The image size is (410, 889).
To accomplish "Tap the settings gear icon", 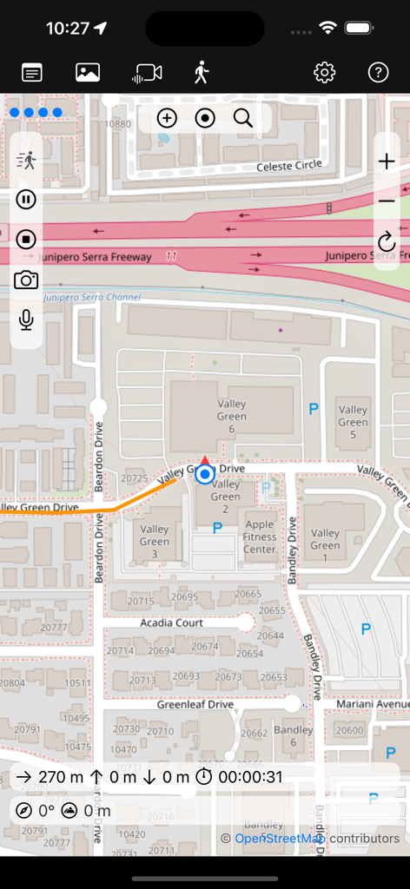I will click(324, 73).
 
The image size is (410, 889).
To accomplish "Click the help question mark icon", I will click(378, 73).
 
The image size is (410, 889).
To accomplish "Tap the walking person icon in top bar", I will click(202, 73).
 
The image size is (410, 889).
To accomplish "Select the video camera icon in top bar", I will click(147, 73).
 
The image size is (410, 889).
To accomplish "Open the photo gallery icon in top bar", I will click(88, 73).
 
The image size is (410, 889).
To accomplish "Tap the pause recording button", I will click(26, 200).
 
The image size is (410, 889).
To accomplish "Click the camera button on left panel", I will click(26, 280).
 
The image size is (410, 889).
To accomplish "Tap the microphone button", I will click(26, 320).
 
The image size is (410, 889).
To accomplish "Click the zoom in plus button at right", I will click(387, 161).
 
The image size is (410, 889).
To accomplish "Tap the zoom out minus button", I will click(387, 201).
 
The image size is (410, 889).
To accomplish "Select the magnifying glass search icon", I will click(243, 118).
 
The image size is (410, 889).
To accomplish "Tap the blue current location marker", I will click(205, 474).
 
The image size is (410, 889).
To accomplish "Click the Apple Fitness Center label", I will click(260, 537).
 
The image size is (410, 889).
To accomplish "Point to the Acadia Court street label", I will click(171, 622).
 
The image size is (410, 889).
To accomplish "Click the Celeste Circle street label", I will click(289, 165).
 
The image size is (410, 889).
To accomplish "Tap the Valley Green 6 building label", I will click(232, 416).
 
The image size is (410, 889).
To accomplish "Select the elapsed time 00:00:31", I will click(250, 777).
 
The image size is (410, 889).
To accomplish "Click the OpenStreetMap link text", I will click(278, 838).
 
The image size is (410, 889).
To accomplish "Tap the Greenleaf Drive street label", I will click(195, 704).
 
